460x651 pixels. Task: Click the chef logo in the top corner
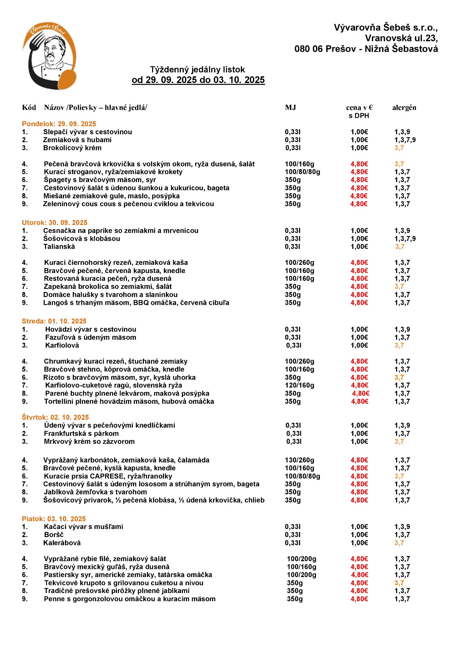(49, 56)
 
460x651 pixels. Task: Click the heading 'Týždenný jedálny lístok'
(197, 70)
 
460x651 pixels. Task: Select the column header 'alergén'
(404, 108)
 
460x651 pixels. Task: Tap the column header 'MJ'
(290, 108)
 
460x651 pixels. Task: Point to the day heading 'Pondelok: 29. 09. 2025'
(59, 124)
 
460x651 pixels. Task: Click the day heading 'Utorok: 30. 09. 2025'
(55, 223)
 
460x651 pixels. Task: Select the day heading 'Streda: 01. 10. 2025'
(54, 321)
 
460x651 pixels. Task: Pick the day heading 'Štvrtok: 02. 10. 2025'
(55, 417)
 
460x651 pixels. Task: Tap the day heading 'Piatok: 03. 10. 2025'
(54, 519)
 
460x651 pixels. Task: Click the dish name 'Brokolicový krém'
(72, 148)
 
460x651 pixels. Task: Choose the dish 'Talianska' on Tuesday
(59, 246)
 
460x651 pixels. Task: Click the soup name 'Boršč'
(54, 535)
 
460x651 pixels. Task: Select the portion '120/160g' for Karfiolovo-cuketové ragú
(299, 386)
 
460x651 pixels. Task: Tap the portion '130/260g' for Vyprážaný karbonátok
(299, 460)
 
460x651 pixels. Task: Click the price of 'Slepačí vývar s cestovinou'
(359, 132)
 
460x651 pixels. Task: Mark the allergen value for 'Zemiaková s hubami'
(405, 140)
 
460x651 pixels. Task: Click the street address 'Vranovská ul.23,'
(401, 38)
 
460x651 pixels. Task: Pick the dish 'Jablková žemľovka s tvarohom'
(96, 492)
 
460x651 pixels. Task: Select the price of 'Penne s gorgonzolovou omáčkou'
(359, 599)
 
